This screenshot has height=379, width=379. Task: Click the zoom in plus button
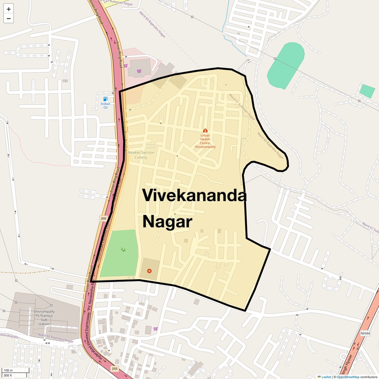pyautogui.click(x=9, y=9)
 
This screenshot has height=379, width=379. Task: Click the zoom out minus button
pyautogui.click(x=9, y=19)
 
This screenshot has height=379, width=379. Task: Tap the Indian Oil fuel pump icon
pyautogui.click(x=105, y=99)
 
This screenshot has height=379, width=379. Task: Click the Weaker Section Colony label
pyautogui.click(x=141, y=155)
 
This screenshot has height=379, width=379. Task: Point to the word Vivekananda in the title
pyautogui.click(x=194, y=195)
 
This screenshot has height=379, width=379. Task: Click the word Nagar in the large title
pyautogui.click(x=167, y=222)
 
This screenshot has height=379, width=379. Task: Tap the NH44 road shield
pyautogui.click(x=365, y=333)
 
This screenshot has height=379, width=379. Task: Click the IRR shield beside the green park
pyautogui.click(x=103, y=218)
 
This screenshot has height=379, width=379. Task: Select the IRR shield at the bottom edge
pyautogui.click(x=115, y=369)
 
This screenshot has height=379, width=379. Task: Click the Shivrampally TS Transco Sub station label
pyautogui.click(x=44, y=318)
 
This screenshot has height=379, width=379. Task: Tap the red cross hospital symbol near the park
pyautogui.click(x=149, y=271)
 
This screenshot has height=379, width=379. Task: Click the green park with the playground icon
pyautogui.click(x=119, y=253)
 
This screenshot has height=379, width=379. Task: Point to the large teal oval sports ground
pyautogui.click(x=286, y=65)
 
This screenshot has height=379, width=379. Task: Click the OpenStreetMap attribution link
pyautogui.click(x=348, y=377)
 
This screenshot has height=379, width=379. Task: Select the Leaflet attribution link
pyautogui.click(x=326, y=377)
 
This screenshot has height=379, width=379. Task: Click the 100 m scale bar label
pyautogui.click(x=8, y=370)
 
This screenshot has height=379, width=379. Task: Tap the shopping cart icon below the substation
pyautogui.click(x=155, y=329)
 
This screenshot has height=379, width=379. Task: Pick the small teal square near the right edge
pyautogui.click(x=367, y=91)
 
